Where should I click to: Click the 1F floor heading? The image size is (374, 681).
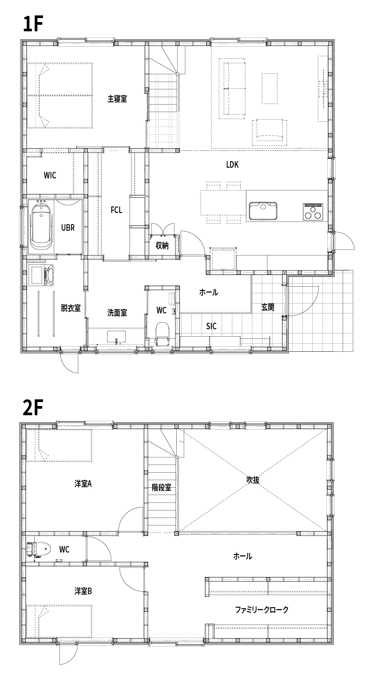pos(32,24)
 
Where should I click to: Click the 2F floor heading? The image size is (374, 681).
pos(32,407)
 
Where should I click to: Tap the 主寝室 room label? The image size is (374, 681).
pos(117,99)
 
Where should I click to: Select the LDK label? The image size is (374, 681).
pos(232,165)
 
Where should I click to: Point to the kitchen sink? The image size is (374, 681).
pos(263,211)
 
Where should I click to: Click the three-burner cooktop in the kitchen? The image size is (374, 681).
pos(313,211)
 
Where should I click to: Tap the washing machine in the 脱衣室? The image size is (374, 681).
pos(42,275)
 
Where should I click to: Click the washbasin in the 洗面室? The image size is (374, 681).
pos(116,337)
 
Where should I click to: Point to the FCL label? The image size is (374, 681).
pos(116,210)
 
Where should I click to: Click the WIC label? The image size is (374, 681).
pos(50,176)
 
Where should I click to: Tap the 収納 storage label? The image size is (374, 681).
pos(162,245)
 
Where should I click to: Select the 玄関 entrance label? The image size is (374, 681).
pos(268,307)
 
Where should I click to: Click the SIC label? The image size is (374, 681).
pos(211,326)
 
